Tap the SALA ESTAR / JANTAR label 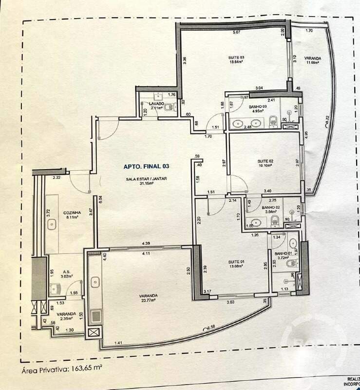[146, 179]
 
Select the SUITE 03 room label [236, 58]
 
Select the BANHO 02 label [269, 207]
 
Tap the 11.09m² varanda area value [314, 62]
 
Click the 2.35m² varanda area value [65, 319]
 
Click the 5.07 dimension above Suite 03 [236, 33]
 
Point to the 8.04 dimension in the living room [101, 198]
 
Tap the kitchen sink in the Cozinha [52, 224]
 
